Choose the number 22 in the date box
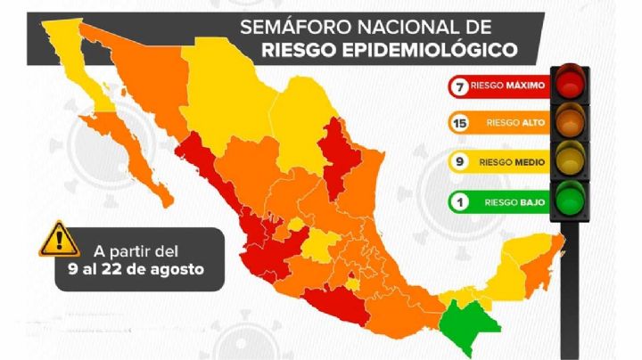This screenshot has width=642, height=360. (122, 268)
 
